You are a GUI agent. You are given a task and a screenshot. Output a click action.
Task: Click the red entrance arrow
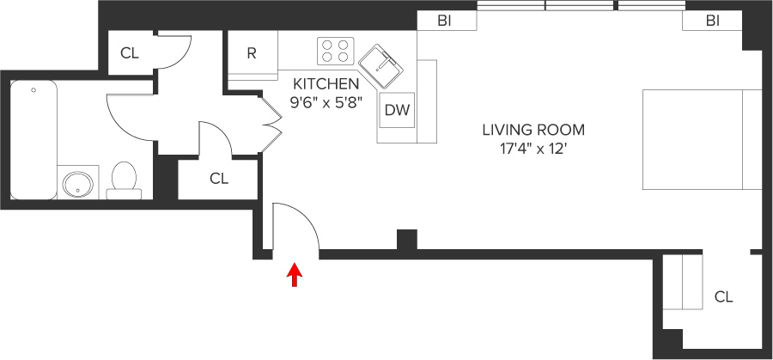point(295,274)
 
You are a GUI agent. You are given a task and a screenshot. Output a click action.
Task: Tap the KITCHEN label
point(326,84)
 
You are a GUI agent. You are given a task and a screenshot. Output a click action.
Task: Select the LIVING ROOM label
point(533,131)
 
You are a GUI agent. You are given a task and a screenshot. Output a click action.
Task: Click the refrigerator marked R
point(252,53)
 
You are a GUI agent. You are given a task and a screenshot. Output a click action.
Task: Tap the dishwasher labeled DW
point(396,110)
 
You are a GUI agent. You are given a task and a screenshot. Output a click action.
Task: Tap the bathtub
point(33,137)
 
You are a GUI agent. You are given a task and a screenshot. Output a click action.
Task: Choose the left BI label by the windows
point(445,21)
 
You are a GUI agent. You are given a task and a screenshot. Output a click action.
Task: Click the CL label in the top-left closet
point(129,53)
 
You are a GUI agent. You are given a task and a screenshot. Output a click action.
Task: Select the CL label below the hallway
point(219,179)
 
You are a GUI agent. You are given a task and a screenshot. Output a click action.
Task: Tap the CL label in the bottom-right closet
point(723,296)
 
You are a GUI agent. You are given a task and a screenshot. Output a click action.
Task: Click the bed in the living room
point(701,138)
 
